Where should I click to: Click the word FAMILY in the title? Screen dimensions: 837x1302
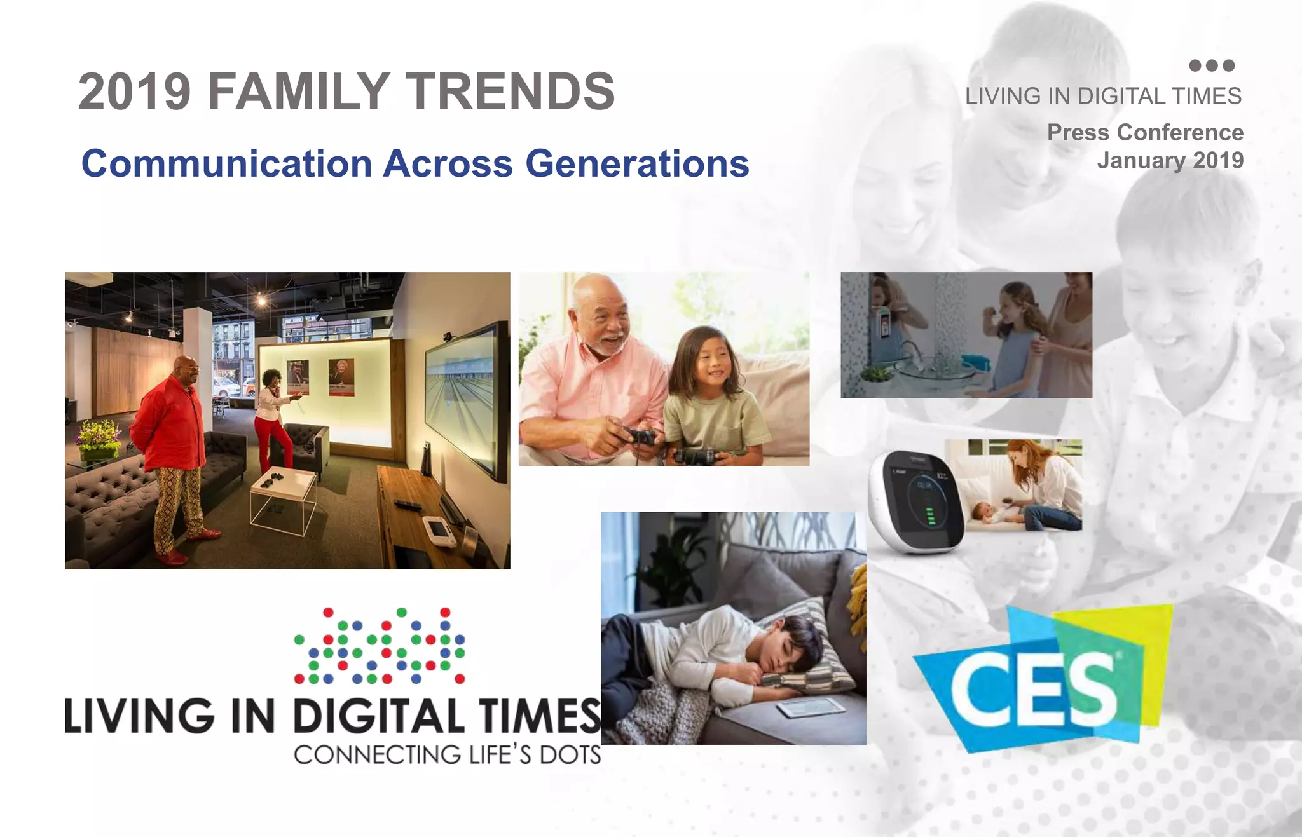pyautogui.click(x=299, y=92)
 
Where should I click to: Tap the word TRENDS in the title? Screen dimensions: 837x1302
pyautogui.click(x=511, y=92)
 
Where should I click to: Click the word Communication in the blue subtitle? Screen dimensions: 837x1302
pyautogui.click(x=226, y=163)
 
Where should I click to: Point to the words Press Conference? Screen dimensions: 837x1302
pyautogui.click(x=1145, y=132)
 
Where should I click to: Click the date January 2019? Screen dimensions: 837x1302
pyautogui.click(x=1170, y=160)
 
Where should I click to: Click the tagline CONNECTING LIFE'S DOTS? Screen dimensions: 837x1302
pyautogui.click(x=447, y=755)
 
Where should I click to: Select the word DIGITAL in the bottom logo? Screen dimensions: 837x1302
pyautogui.click(x=379, y=716)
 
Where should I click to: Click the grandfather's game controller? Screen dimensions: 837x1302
pyautogui.click(x=639, y=437)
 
